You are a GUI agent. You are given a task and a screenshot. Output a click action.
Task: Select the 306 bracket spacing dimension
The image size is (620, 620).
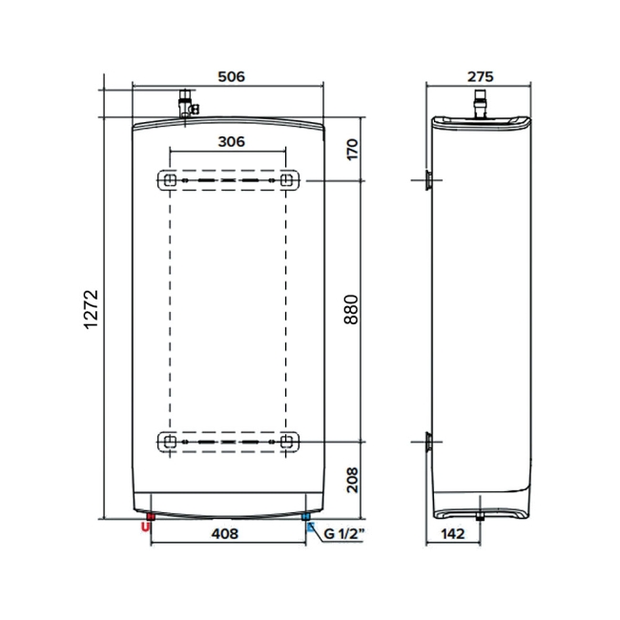click(x=230, y=141)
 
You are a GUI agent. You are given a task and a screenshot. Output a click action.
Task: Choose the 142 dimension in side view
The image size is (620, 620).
click(x=456, y=533)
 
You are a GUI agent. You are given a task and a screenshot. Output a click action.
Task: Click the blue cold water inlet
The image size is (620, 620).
click(x=306, y=520)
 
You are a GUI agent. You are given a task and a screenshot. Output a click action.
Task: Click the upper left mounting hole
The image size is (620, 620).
click(x=169, y=179)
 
